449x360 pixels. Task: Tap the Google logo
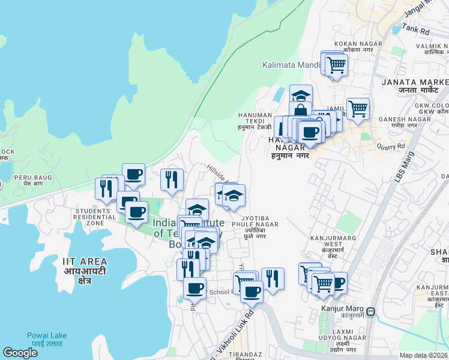[20, 353]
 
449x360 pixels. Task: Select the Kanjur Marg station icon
[372, 311]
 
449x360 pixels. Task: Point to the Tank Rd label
[416, 28]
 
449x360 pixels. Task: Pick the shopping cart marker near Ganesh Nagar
[358, 109]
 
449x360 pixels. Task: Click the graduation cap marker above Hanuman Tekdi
[301, 95]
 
